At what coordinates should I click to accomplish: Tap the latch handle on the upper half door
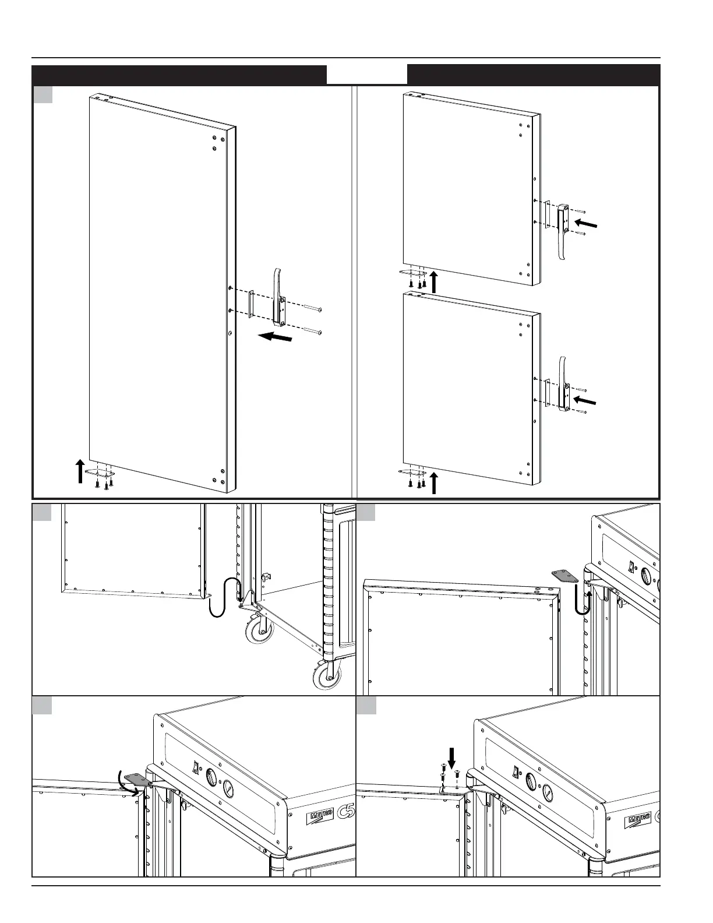pos(563,230)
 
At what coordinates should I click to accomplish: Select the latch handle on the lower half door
pos(563,385)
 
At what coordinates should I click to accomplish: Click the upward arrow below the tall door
pos(80,471)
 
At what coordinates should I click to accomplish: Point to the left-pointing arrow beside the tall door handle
pos(275,337)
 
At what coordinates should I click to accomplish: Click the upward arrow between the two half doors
pos(433,281)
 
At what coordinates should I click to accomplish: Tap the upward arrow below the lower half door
pos(433,483)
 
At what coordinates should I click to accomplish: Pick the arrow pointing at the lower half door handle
pos(584,400)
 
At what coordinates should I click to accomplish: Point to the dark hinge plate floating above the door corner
pos(565,576)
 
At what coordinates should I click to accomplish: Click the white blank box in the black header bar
pos(366,75)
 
